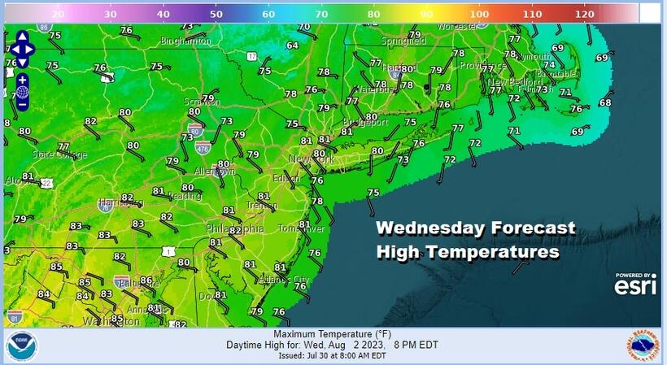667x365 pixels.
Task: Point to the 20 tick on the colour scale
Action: coord(58,15)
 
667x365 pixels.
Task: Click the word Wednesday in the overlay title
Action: coord(428,229)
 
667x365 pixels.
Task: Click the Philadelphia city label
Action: coord(235,229)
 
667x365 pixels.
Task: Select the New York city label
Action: coord(312,159)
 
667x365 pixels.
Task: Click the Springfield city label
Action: coord(403,38)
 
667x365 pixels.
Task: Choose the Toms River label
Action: coord(301,228)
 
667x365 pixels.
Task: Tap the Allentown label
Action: coord(215,172)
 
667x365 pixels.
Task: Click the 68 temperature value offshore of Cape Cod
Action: coord(605,102)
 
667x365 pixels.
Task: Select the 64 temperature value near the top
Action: coord(292,46)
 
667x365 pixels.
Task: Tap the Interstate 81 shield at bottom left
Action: coord(14,314)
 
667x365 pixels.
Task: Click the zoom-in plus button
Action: coord(22,80)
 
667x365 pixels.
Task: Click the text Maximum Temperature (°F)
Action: coord(332,334)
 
